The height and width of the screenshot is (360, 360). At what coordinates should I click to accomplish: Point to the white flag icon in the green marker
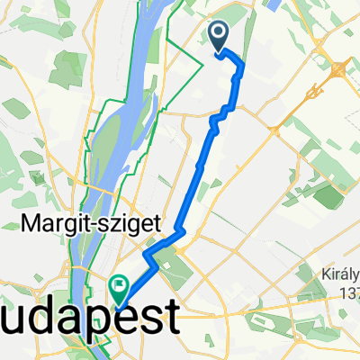(x=120, y=284)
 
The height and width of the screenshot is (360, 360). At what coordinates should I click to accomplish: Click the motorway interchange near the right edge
(x=339, y=68)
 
